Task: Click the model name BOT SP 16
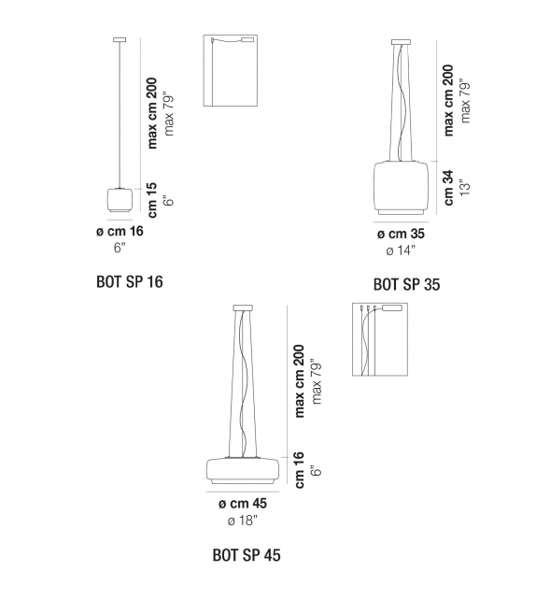[x=129, y=280]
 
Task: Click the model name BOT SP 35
[x=406, y=284]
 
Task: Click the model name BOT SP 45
[x=246, y=555]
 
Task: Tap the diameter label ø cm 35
[x=401, y=234]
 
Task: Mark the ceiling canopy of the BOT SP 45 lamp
[x=242, y=308]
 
